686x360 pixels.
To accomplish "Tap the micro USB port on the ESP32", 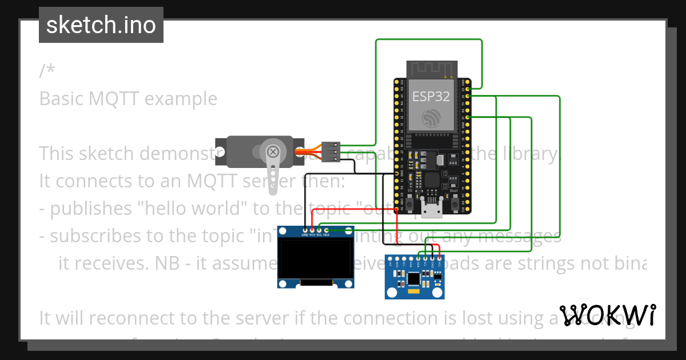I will click(x=431, y=210).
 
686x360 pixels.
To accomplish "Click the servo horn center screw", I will click(x=274, y=152).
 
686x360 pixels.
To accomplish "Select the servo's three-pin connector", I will click(x=331, y=153).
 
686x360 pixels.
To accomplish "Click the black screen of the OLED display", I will click(x=314, y=259).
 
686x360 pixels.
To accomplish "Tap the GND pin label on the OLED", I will click(x=304, y=235).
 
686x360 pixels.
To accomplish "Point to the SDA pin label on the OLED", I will click(x=326, y=235).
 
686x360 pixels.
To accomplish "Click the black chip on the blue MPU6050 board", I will click(x=413, y=278).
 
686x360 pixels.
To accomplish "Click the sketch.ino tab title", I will click(x=101, y=25).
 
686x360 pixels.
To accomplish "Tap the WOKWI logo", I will click(x=608, y=315).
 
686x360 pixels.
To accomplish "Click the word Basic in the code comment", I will click(x=61, y=99).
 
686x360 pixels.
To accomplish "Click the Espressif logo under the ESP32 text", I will click(x=432, y=119).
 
